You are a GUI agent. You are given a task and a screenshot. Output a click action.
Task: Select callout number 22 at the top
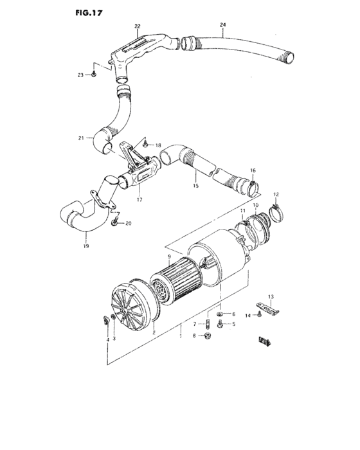pyautogui.click(x=137, y=26)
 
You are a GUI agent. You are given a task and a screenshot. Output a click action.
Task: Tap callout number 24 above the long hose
pyautogui.click(x=222, y=26)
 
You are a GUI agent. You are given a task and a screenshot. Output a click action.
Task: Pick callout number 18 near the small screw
pyautogui.click(x=157, y=147)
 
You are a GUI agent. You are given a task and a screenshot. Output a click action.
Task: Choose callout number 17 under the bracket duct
pyautogui.click(x=139, y=200)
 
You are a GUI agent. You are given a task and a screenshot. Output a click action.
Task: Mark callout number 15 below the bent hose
pyautogui.click(x=195, y=186)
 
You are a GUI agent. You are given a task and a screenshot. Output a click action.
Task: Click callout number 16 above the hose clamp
pyautogui.click(x=253, y=170)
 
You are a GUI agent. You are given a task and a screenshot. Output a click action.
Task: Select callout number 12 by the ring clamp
pyautogui.click(x=276, y=194)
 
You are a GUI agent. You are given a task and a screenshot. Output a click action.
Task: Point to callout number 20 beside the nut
pyautogui.click(x=128, y=223)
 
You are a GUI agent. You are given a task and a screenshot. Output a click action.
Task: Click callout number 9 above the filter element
pyautogui.click(x=169, y=257)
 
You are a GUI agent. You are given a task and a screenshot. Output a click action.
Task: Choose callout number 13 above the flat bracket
pyautogui.click(x=271, y=296)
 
